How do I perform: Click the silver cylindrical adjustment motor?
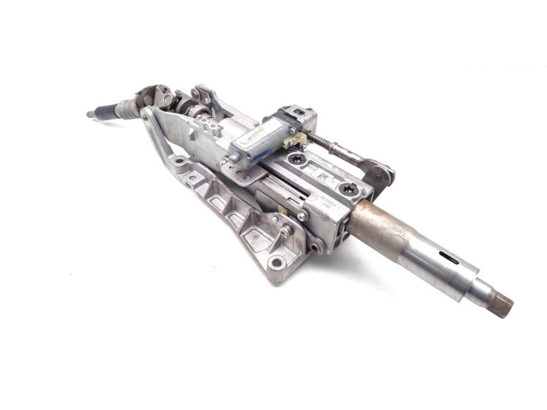click(x=261, y=141)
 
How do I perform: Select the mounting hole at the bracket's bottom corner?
click(x=276, y=263)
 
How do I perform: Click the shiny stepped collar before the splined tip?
click(x=474, y=286)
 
